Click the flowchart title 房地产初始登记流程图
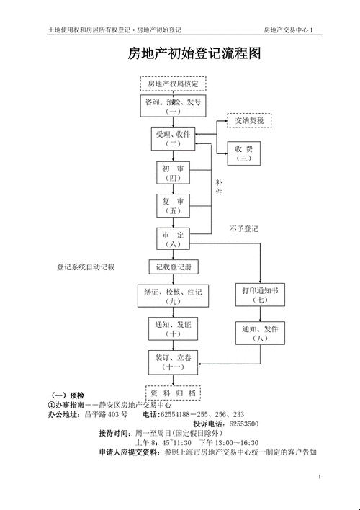click(194, 55)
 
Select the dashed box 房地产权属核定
click(173, 84)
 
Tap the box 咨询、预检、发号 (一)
click(173, 107)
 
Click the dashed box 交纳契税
click(249, 120)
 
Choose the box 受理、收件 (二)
click(173, 139)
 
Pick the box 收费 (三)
click(244, 152)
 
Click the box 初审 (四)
click(174, 173)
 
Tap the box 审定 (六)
click(174, 240)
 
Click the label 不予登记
click(244, 229)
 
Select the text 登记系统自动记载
click(86, 267)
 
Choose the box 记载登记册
click(174, 267)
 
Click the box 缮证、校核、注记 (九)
click(173, 297)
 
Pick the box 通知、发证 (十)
click(173, 329)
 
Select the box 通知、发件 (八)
click(260, 333)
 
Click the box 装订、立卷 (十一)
click(173, 362)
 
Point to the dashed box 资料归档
click(173, 393)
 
